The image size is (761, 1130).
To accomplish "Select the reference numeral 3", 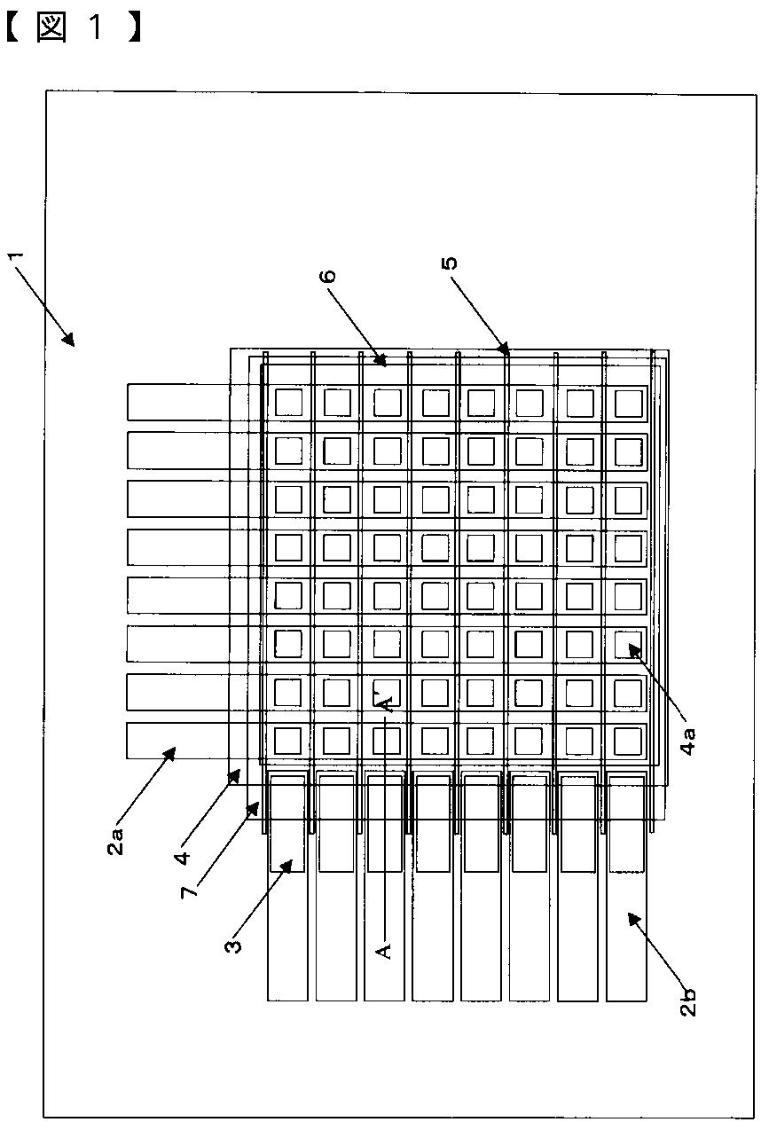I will pos(233,943).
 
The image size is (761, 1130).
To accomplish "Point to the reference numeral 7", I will pos(187,888).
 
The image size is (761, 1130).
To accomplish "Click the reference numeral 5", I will pos(451,263).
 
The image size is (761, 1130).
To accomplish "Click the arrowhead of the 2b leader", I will pos(631,916).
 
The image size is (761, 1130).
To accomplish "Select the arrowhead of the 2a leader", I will pos(174,749).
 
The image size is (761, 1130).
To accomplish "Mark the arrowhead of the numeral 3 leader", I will pos(292,861).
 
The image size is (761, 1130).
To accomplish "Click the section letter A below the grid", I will pos(384,950).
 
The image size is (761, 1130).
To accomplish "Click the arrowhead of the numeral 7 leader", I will pos(258,804).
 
